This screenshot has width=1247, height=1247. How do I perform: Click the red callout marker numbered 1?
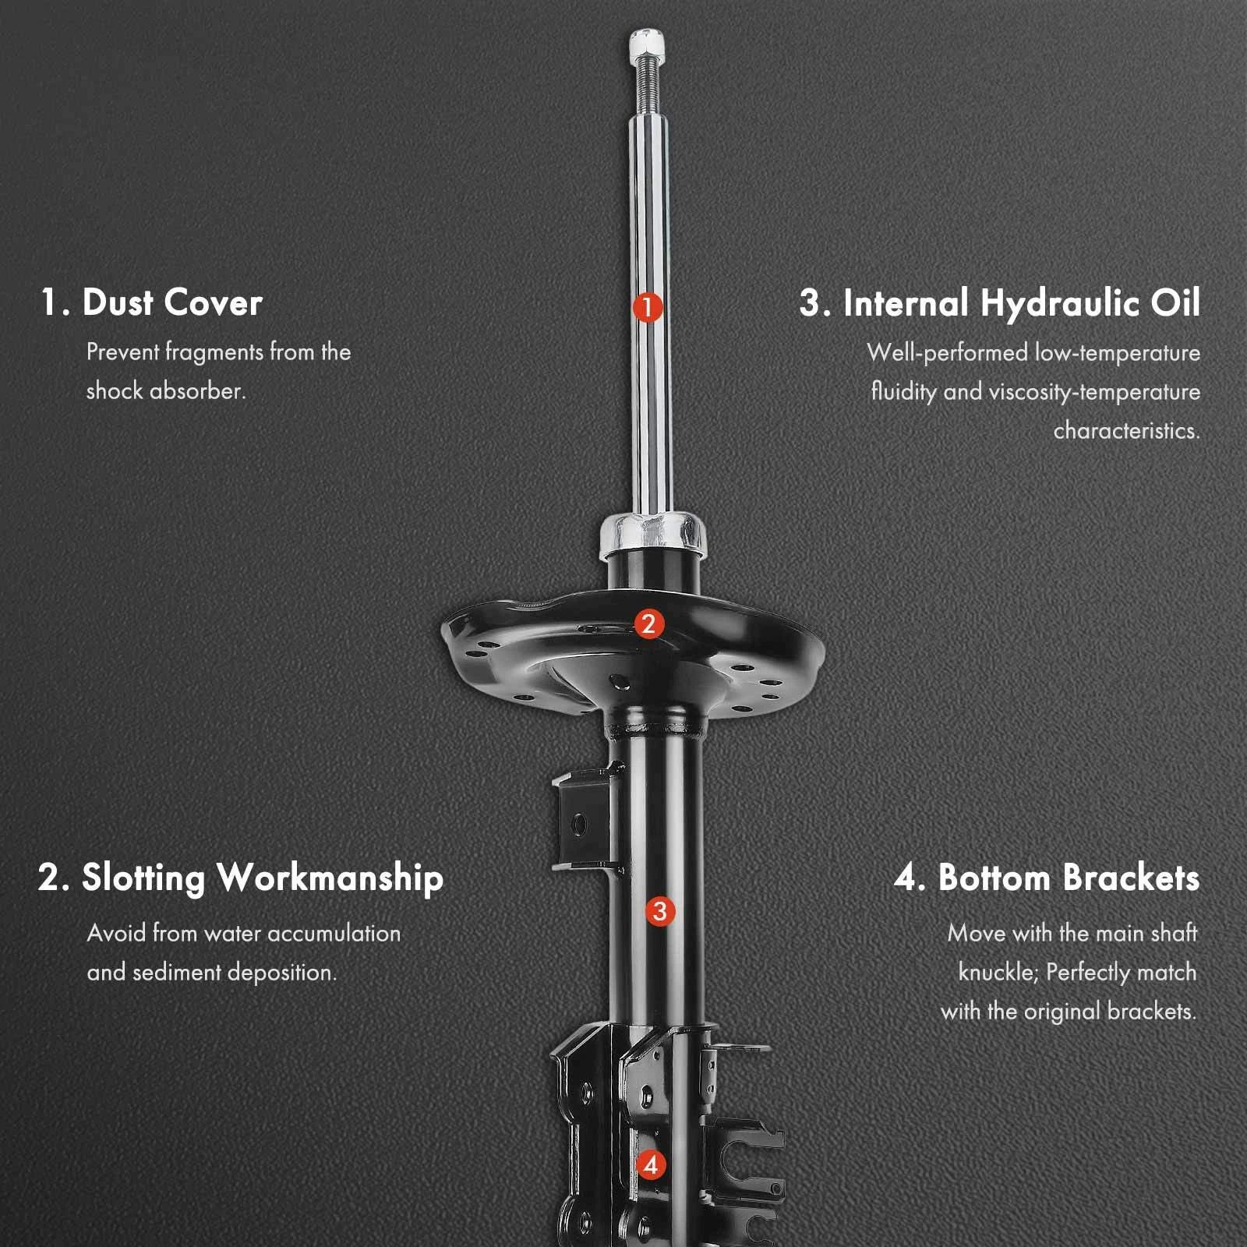[x=648, y=306]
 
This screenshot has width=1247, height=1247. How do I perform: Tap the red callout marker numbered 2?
[x=649, y=623]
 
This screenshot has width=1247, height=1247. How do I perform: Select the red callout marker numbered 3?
[x=659, y=911]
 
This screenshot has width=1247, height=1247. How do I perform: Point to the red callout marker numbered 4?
[x=651, y=1165]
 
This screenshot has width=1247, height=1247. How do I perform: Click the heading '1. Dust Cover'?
[x=151, y=302]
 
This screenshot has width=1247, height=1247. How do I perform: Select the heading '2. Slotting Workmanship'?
[x=241, y=878]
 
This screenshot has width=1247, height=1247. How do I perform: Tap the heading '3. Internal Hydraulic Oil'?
[x=1000, y=303]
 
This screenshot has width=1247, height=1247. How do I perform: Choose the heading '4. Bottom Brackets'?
[x=1047, y=878]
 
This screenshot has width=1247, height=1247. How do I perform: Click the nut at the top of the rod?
[x=648, y=47]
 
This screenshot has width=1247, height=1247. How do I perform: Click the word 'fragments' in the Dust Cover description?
[x=214, y=352]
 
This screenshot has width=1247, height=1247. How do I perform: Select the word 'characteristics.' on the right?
[x=1127, y=430]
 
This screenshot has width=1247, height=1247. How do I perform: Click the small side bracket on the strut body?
[x=581, y=821]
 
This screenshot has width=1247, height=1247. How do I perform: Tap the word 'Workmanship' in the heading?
[x=330, y=878]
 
